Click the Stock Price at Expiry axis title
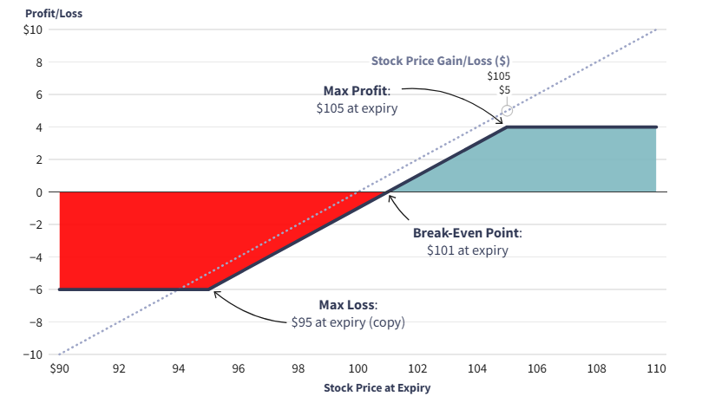tap(376, 387)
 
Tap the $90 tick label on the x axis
tap(59, 368)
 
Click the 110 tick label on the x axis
tap(656, 368)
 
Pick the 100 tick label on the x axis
tap(358, 368)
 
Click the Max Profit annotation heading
tap(357, 91)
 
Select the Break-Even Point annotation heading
tap(467, 233)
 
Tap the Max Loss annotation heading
tap(348, 305)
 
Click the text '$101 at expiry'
tap(468, 250)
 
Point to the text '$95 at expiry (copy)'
tap(348, 321)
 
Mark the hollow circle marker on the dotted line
tap(508, 111)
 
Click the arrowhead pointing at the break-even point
tap(391, 198)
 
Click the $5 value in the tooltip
tap(505, 89)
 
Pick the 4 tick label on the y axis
tap(38, 127)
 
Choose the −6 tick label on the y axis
tap(35, 289)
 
